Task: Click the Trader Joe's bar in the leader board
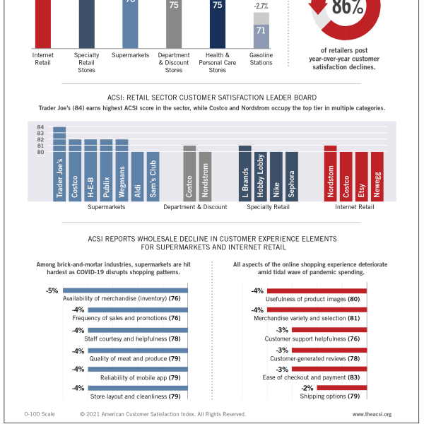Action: pyautogui.click(x=59, y=164)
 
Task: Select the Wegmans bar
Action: pyautogui.click(x=122, y=170)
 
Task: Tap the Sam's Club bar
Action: pyautogui.click(x=153, y=177)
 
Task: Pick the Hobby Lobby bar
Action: pyautogui.click(x=260, y=177)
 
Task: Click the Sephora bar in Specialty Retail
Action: pyautogui.click(x=292, y=177)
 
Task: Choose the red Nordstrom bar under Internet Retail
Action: pyautogui.click(x=331, y=173)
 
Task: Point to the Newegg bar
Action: pyautogui.click(x=377, y=177)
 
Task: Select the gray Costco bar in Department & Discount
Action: pyautogui.click(x=189, y=173)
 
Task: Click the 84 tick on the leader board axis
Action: pyautogui.click(x=40, y=126)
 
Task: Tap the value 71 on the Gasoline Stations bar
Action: pyautogui.click(x=261, y=30)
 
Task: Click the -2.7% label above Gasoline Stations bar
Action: pyautogui.click(x=261, y=6)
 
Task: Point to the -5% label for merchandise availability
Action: pyautogui.click(x=52, y=290)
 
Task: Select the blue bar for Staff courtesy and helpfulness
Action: pyautogui.click(x=138, y=330)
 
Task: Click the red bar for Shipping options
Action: pyautogui.click(x=342, y=388)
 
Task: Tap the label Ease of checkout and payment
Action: pyautogui.click(x=304, y=377)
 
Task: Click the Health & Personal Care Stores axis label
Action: pyautogui.click(x=218, y=62)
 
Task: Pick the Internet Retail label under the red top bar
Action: pyautogui.click(x=42, y=59)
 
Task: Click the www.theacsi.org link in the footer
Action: pyautogui.click(x=372, y=414)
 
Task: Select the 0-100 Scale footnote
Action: pyautogui.click(x=40, y=414)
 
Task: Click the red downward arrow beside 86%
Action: pyautogui.click(x=318, y=7)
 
